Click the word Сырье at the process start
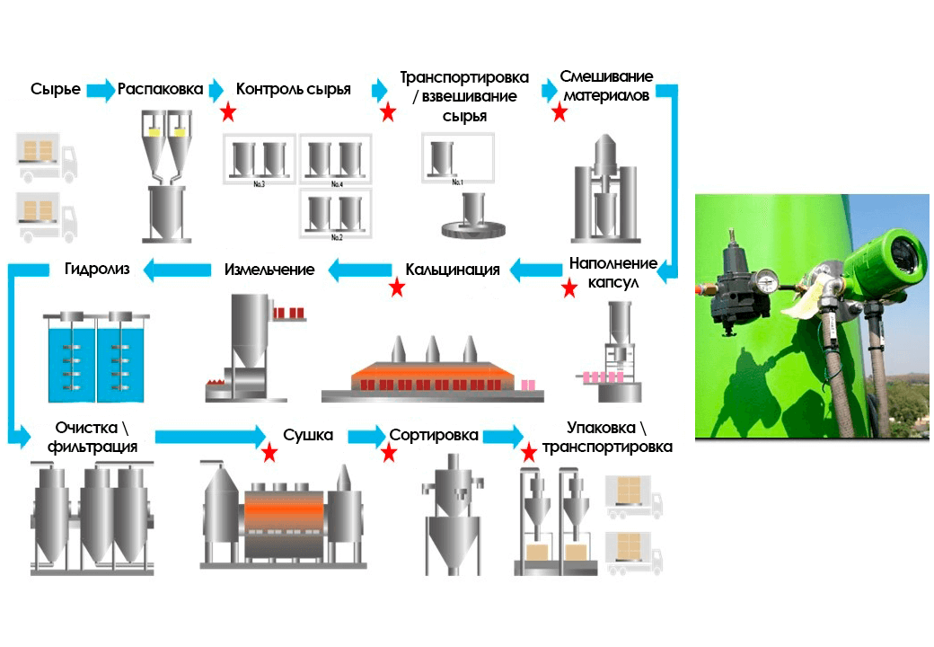click(55, 89)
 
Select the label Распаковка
click(159, 89)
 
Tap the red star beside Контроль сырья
click(228, 112)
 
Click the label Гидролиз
click(97, 268)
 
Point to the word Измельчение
click(269, 269)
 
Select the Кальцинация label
click(453, 269)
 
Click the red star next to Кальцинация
click(396, 288)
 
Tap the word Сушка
click(308, 435)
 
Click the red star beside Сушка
click(269, 452)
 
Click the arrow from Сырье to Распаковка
click(101, 90)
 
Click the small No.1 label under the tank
click(456, 182)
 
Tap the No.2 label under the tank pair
click(337, 238)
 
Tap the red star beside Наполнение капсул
click(568, 288)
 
